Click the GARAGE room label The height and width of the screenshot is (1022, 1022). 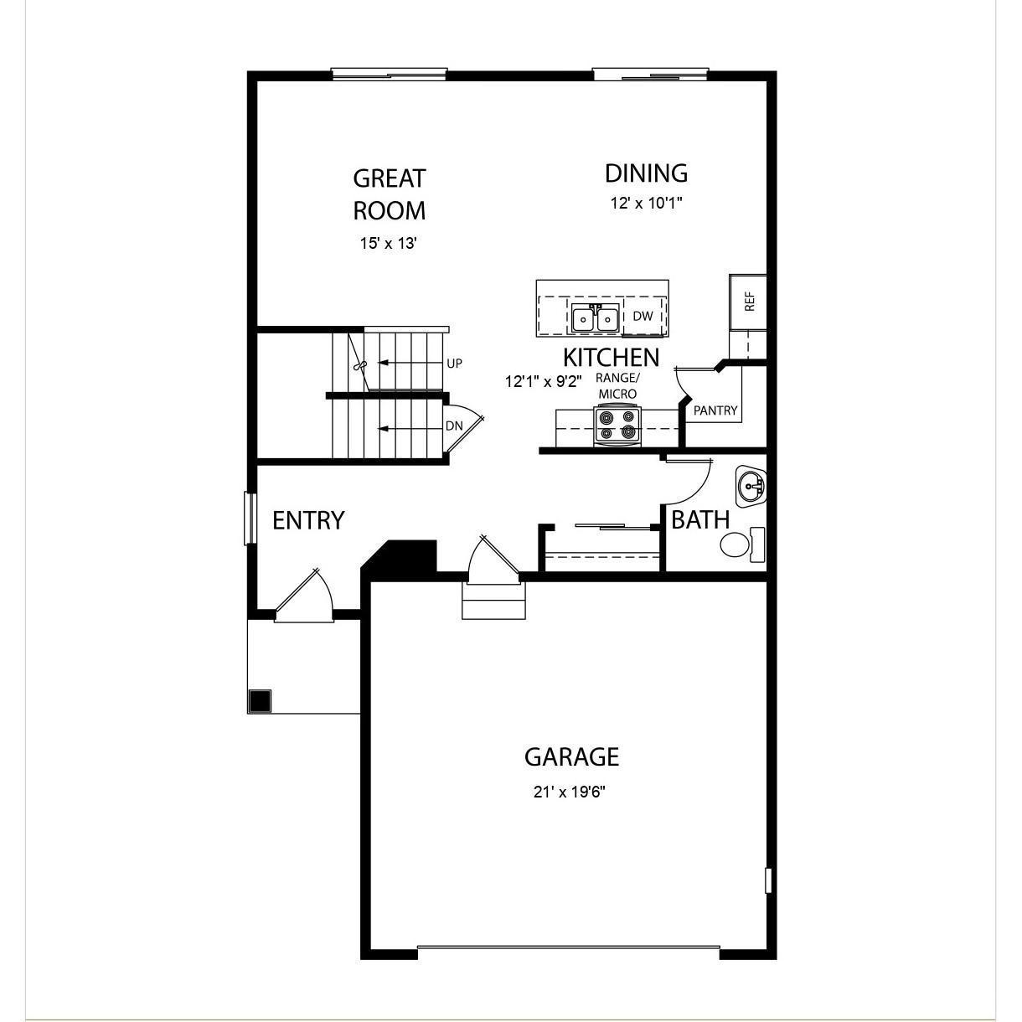571,757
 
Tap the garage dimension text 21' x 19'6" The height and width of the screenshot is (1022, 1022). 569,792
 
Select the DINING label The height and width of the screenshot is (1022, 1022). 646,173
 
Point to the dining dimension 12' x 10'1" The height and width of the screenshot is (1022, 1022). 646,204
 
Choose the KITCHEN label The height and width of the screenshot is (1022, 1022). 611,358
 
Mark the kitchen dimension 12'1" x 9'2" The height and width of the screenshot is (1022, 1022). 543,381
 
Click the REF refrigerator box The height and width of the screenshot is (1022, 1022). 748,302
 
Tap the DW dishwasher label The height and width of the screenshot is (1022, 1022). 643,317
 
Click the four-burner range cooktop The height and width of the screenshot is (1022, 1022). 616,424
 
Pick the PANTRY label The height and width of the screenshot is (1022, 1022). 715,410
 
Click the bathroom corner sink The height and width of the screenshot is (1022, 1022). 751,485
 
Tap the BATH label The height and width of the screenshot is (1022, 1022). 700,520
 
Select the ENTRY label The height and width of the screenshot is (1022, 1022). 308,521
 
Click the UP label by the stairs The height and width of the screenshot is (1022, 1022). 454,364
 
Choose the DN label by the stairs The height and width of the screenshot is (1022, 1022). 454,426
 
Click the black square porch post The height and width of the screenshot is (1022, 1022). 261,700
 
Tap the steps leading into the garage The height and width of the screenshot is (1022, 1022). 494,601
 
